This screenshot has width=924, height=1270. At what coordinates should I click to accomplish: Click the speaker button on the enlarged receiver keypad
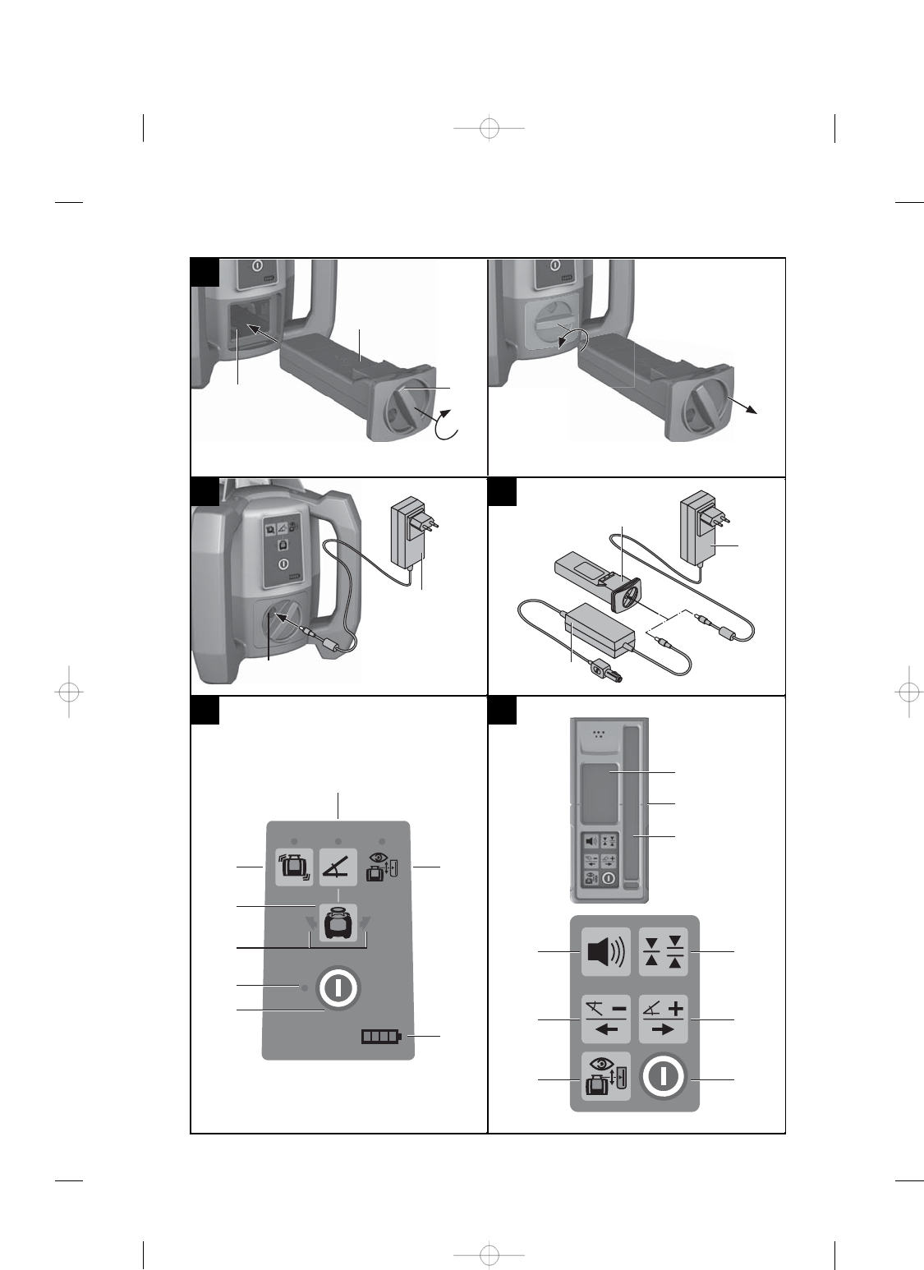pos(605,951)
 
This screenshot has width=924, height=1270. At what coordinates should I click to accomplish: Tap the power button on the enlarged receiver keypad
pos(663,1078)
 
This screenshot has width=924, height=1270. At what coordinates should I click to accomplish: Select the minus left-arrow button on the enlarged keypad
pos(605,1019)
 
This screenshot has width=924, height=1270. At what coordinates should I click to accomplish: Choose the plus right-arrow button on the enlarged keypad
pos(663,1019)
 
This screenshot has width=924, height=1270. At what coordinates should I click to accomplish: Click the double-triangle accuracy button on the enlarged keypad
pos(663,951)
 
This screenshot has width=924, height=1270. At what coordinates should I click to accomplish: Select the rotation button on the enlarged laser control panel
pos(293,867)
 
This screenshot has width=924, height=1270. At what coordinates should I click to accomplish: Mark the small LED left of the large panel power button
pos(304,987)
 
